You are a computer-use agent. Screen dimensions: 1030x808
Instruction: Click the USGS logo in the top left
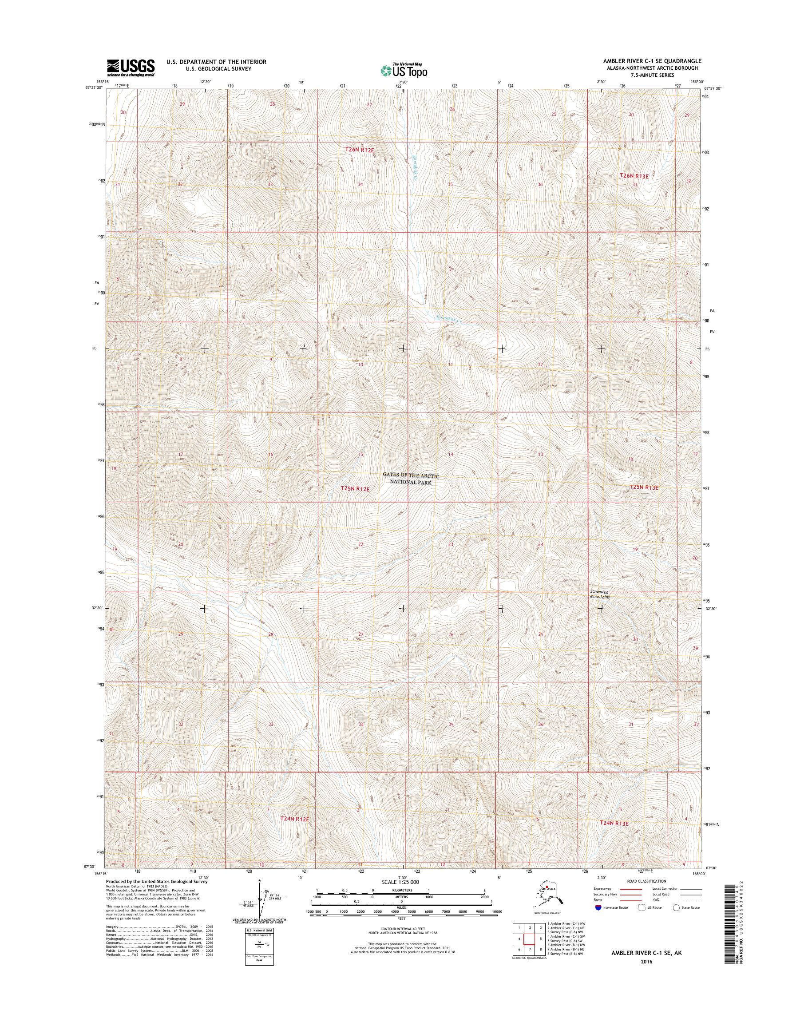point(131,67)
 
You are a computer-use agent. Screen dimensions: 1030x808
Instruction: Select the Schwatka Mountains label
point(599,594)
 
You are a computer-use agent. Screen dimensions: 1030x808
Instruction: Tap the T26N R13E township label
point(634,175)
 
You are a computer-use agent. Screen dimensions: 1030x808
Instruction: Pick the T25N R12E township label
point(355,489)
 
